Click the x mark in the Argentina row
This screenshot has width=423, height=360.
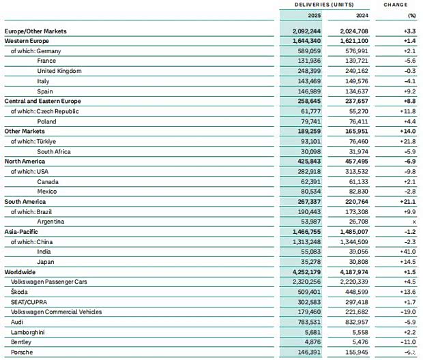point(413,222)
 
